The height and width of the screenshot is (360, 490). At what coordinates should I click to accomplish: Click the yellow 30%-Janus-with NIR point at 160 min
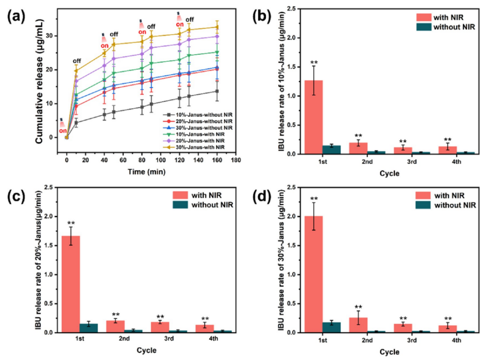point(217,27)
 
